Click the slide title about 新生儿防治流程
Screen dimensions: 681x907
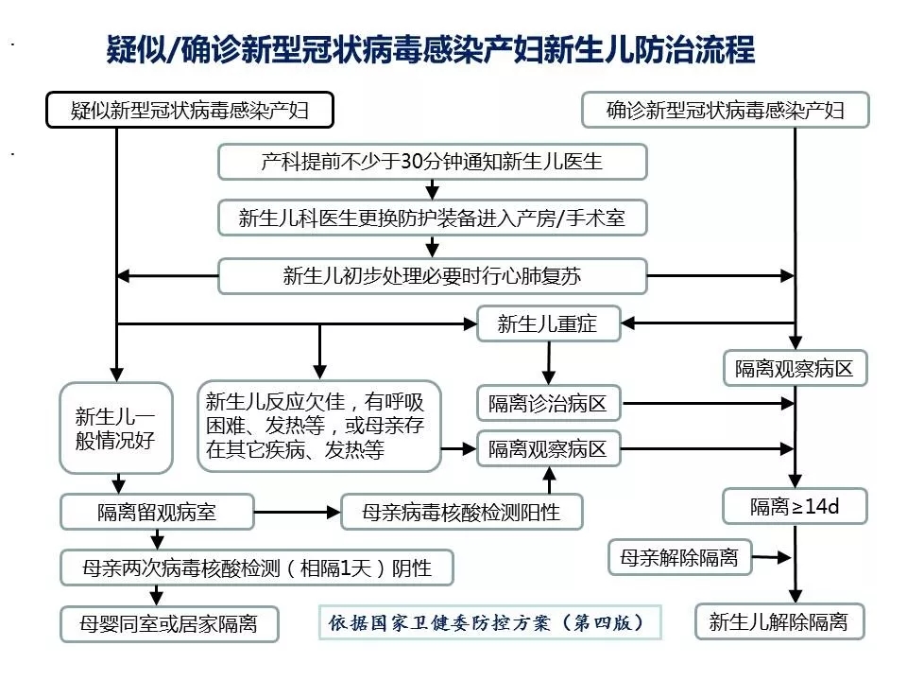(431, 50)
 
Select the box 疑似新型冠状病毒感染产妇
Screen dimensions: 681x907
(190, 111)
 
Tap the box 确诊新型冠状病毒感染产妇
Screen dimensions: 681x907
(726, 111)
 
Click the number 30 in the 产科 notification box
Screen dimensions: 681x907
(413, 162)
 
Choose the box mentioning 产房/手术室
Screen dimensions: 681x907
(433, 218)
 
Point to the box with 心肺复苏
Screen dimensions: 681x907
(433, 275)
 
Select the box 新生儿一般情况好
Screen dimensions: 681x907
(116, 428)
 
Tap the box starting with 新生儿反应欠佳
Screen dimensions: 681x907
(320, 426)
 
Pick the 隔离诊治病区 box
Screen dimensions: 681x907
(548, 404)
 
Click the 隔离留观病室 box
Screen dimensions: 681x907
(157, 512)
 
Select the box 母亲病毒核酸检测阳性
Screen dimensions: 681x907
(462, 512)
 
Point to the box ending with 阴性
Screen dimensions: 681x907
(257, 567)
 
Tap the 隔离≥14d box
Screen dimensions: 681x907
(795, 507)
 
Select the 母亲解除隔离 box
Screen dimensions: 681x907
(679, 557)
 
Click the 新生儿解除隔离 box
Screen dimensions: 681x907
(779, 621)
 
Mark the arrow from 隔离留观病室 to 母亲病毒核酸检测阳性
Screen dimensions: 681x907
(298, 512)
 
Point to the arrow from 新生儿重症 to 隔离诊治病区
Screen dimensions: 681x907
(547, 361)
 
